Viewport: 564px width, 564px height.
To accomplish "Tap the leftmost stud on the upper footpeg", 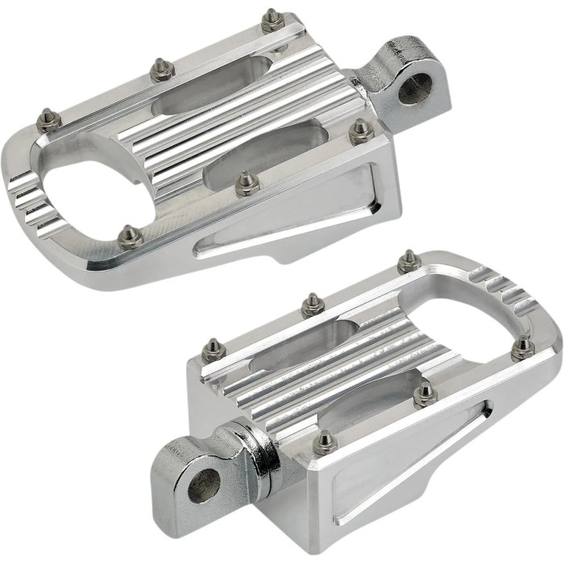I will (x=48, y=121).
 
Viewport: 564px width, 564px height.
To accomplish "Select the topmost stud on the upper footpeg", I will (x=272, y=19).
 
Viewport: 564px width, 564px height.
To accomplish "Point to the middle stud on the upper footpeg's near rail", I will (x=246, y=185).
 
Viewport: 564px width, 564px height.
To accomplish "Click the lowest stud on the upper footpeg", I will (x=129, y=236).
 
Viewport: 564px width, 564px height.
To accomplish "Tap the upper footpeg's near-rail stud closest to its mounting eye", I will (x=360, y=131).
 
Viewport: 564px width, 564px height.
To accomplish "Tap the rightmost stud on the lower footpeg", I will (x=523, y=347).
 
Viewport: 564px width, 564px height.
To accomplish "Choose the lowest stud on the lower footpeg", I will (x=326, y=442).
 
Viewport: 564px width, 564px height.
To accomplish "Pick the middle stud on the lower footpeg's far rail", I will (x=313, y=305).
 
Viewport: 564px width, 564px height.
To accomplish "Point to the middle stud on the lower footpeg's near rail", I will (x=424, y=392).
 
